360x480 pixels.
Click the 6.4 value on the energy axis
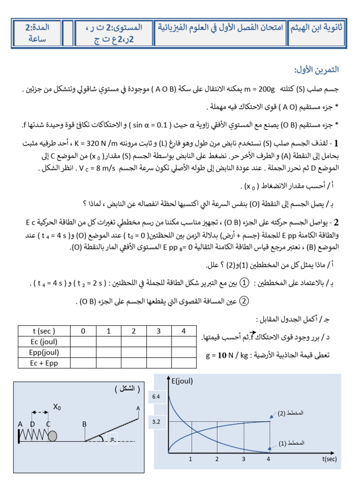tap(157, 397)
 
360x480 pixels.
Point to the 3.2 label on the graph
tap(157, 421)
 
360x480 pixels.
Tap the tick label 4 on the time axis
tap(268, 459)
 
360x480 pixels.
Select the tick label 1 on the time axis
tap(190, 459)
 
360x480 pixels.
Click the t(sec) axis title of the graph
tap(330, 460)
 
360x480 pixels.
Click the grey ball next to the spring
tap(52, 436)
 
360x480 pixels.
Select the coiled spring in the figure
tap(33, 436)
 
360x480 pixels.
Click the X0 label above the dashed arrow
tap(57, 407)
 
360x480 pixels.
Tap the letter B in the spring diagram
tap(85, 424)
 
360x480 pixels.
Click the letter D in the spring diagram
tap(32, 424)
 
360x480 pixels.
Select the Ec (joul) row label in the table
tap(43, 342)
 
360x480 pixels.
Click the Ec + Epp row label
tap(43, 362)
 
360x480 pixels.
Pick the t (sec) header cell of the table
tap(43, 331)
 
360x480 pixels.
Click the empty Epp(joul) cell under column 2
tap(133, 352)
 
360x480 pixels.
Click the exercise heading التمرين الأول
tap(316, 70)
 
